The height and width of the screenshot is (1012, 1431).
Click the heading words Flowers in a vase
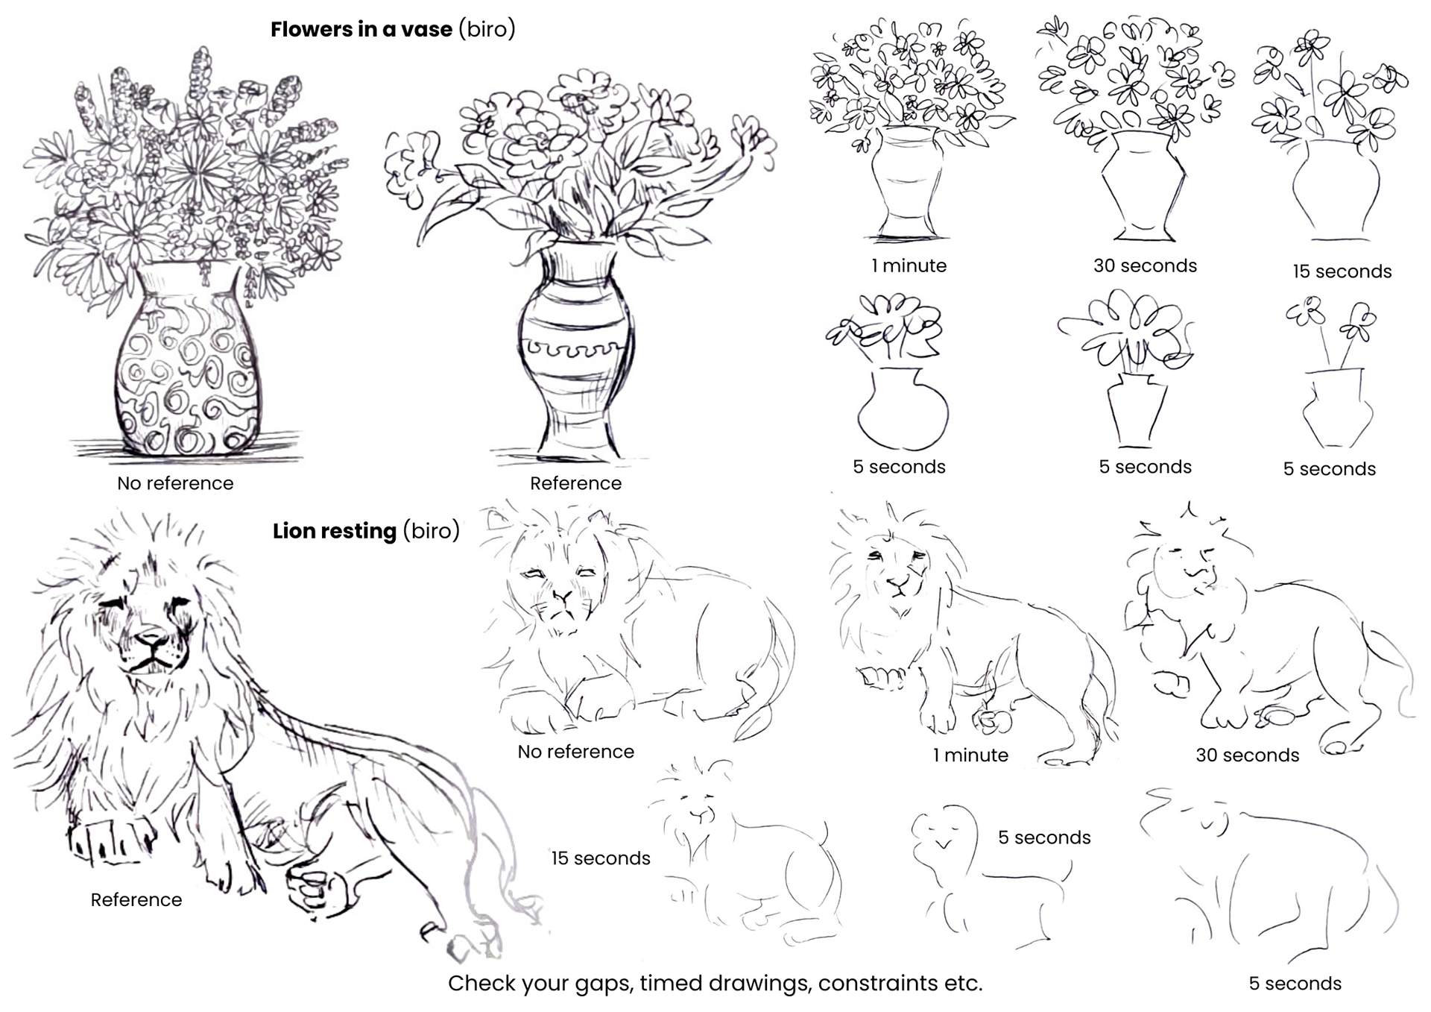361,30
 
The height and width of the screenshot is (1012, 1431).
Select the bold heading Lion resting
334,531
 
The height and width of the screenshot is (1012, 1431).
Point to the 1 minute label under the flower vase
909,265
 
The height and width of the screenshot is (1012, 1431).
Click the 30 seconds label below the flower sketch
1145,265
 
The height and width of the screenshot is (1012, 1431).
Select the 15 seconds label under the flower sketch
1342,271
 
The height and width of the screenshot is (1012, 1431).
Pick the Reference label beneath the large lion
136,899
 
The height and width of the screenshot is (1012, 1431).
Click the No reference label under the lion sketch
575,752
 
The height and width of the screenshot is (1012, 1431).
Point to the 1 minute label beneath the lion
970,755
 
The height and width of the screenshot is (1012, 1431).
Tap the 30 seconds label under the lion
1247,755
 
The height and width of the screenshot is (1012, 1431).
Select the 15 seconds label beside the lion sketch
601,858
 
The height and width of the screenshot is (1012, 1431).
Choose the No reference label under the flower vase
175,483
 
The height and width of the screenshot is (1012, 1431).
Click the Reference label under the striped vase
575,483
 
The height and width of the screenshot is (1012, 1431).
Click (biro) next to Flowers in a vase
487,30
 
